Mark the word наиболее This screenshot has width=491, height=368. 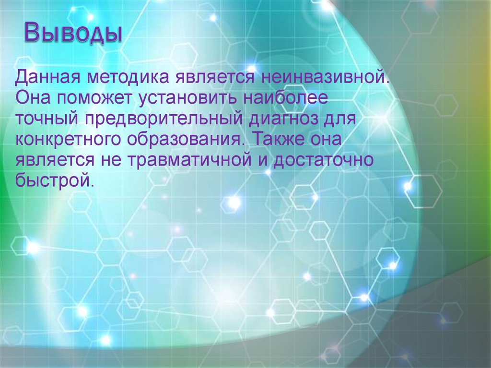tap(285, 98)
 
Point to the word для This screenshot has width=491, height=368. tap(340, 119)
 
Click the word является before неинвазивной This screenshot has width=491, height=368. tap(211, 77)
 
